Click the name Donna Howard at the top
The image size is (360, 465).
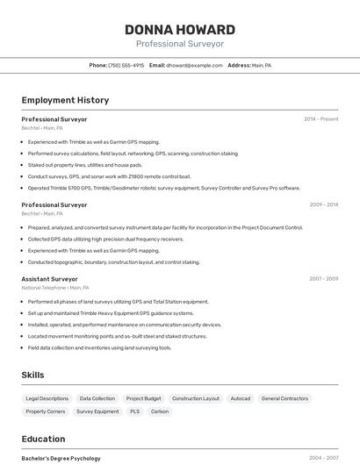(180, 29)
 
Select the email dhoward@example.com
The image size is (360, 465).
(194, 65)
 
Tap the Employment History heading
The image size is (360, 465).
(65, 100)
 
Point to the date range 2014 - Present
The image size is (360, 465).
(320, 119)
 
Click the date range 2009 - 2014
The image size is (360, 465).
(323, 204)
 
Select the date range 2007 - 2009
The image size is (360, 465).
(323, 279)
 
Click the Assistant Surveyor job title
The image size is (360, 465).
(49, 279)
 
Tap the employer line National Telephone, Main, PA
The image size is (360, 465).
(55, 288)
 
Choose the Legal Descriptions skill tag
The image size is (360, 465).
(47, 398)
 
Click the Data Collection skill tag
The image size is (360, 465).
(97, 398)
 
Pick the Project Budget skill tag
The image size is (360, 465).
(143, 398)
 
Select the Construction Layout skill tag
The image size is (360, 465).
(196, 398)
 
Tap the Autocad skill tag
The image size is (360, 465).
(241, 398)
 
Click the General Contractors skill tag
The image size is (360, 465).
(284, 398)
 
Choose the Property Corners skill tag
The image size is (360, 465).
(46, 411)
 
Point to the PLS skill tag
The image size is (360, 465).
(134, 411)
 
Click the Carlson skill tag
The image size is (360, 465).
(160, 411)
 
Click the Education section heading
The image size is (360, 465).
(43, 439)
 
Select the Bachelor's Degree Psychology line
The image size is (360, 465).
(61, 458)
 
